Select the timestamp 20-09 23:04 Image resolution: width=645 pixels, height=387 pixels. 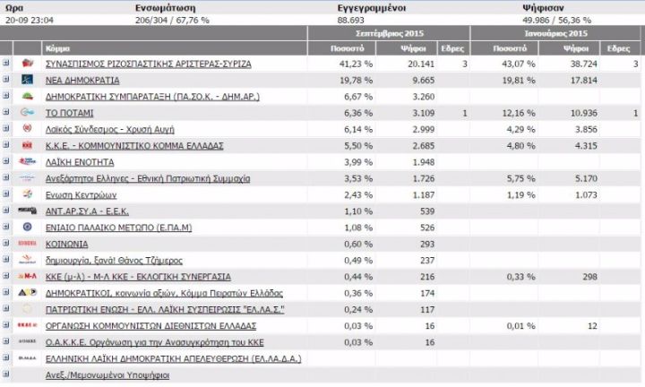click(x=27, y=19)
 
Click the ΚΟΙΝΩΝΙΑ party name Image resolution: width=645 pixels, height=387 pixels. click(x=66, y=244)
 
